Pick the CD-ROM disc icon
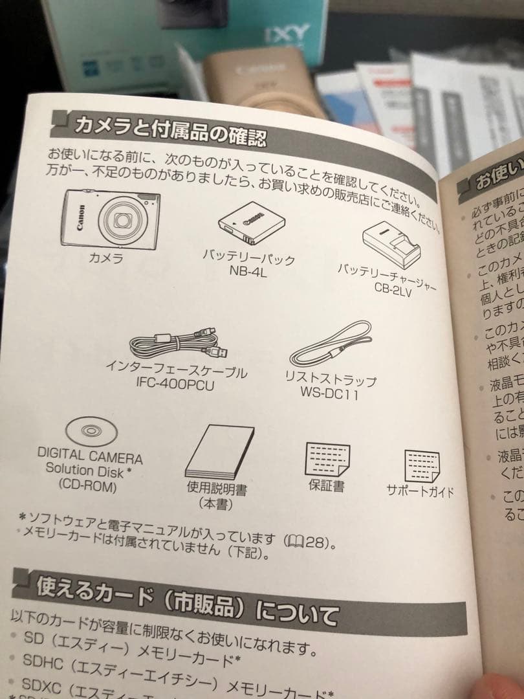tap(90, 430)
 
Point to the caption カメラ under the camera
tap(106, 259)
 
